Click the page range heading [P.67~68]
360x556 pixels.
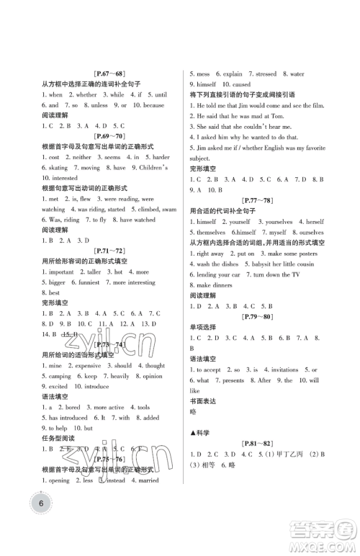click(x=110, y=73)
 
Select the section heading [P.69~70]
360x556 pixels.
click(x=110, y=135)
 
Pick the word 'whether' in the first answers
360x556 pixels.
click(x=86, y=94)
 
